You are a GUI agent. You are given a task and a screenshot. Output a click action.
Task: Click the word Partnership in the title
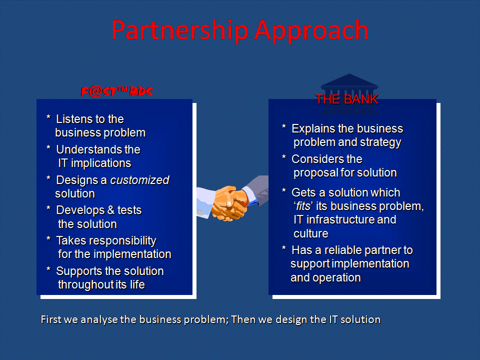(x=180, y=30)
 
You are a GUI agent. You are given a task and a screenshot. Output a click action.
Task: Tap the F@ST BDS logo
(x=116, y=91)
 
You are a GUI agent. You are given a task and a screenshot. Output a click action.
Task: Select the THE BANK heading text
(x=347, y=99)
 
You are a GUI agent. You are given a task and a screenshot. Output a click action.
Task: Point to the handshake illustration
(x=232, y=198)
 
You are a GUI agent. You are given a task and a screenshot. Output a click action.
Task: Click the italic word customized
(x=139, y=180)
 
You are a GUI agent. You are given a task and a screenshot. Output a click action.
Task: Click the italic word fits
(x=303, y=206)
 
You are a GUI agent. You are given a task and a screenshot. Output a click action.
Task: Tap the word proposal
(x=314, y=173)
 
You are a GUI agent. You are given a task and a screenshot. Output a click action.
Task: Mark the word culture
(x=310, y=233)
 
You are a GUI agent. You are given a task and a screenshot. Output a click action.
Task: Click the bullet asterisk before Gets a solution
(x=284, y=191)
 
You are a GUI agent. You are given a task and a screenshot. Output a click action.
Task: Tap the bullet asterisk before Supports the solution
(x=48, y=269)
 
